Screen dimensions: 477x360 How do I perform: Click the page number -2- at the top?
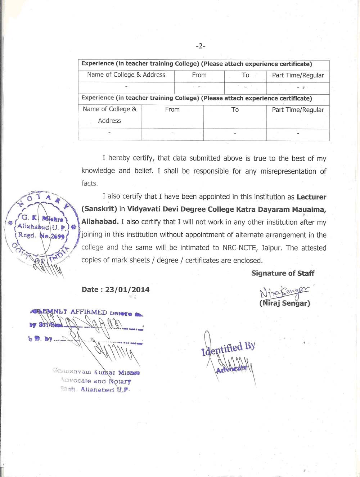[x=201, y=46]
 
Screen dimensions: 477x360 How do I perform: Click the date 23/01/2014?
[x=127, y=290]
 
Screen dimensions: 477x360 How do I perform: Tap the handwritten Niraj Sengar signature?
[x=284, y=292]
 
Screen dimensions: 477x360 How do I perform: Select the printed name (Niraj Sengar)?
[x=284, y=303]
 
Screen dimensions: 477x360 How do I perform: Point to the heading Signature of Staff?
[x=283, y=273]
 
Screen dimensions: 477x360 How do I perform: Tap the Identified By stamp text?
[x=228, y=348]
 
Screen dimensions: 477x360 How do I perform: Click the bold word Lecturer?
[x=311, y=197]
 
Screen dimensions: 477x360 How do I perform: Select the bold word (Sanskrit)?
[x=99, y=209]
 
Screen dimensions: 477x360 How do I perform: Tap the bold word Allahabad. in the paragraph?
[x=100, y=222]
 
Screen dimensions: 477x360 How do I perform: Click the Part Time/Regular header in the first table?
[x=298, y=75]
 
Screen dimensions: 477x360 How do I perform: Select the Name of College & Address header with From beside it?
[x=126, y=75]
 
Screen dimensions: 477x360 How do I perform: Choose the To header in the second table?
[x=235, y=110]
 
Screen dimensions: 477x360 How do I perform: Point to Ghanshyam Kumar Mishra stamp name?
[x=96, y=372]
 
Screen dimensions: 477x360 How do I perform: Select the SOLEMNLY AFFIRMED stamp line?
[x=86, y=312]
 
